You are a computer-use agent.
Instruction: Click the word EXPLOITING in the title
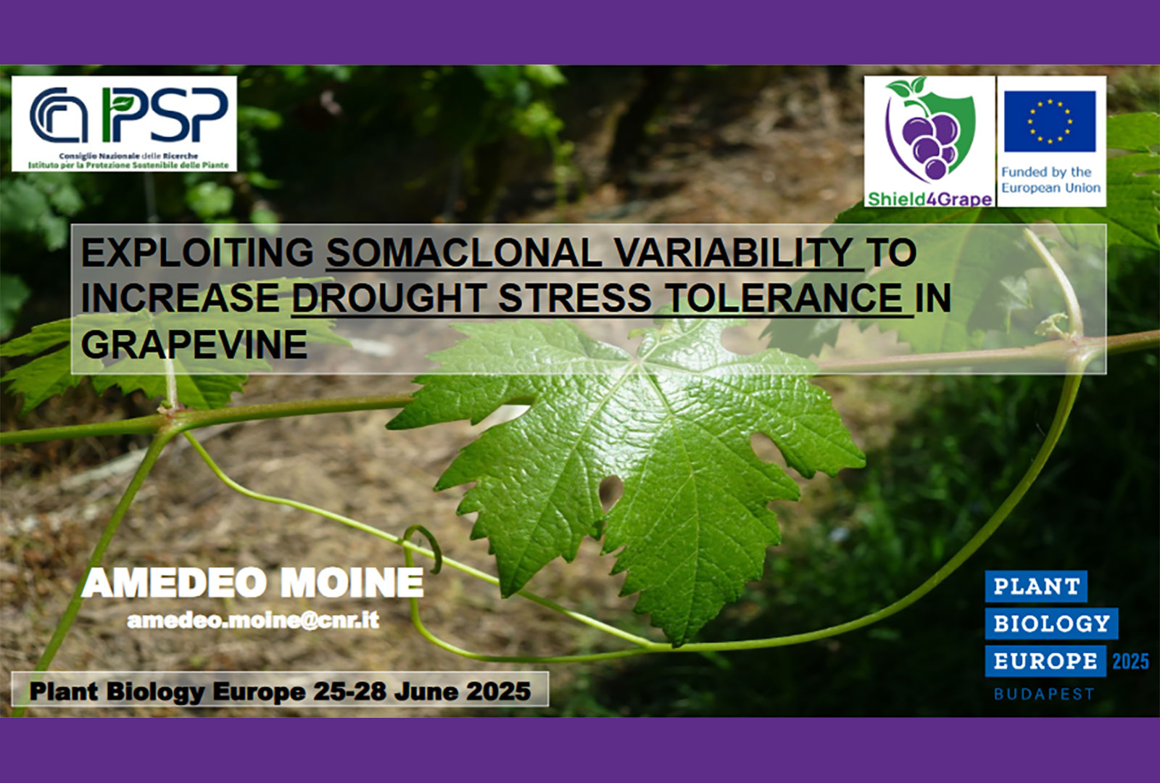click(197, 253)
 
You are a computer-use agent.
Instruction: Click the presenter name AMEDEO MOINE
click(252, 583)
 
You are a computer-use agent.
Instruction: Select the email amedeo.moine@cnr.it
click(253, 620)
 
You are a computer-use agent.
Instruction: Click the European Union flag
click(1050, 122)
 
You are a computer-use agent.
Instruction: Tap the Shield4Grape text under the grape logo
click(929, 199)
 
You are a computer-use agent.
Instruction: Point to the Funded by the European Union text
click(1051, 180)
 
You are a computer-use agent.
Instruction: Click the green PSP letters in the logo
click(165, 115)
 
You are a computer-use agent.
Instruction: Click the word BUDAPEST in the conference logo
click(1043, 693)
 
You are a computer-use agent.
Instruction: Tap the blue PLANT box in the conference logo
click(1036, 587)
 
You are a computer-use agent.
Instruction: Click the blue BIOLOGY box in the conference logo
click(1052, 623)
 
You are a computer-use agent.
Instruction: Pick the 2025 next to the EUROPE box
click(1130, 661)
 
